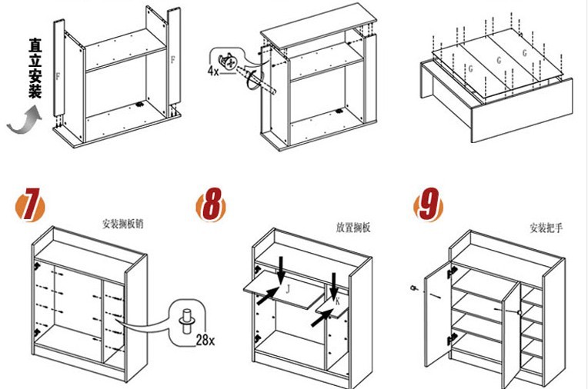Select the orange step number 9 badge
click(x=429, y=206)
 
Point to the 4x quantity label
click(x=213, y=71)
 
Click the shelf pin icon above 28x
click(x=186, y=317)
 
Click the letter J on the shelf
click(x=287, y=288)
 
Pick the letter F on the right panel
click(x=172, y=59)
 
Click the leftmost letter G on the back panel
click(x=469, y=68)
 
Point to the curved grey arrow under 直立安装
click(x=23, y=121)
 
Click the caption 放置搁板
click(x=353, y=228)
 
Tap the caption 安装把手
click(x=546, y=228)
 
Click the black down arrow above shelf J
click(x=282, y=267)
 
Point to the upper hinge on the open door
click(x=453, y=271)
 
